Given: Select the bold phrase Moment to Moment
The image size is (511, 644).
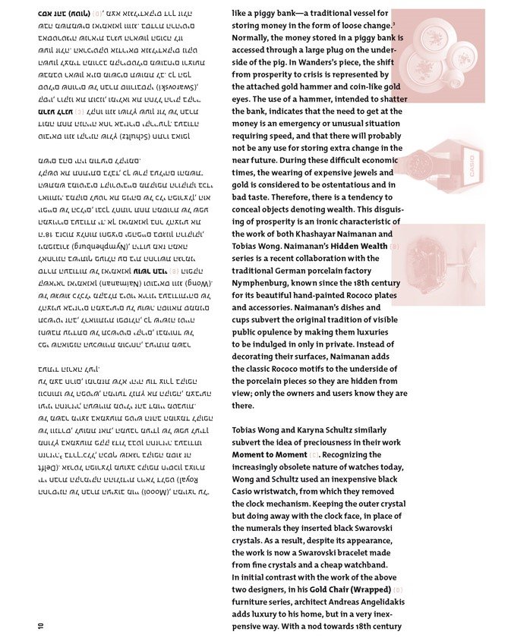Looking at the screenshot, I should [270, 454].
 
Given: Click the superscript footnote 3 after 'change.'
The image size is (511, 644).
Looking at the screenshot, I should [393, 23].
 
